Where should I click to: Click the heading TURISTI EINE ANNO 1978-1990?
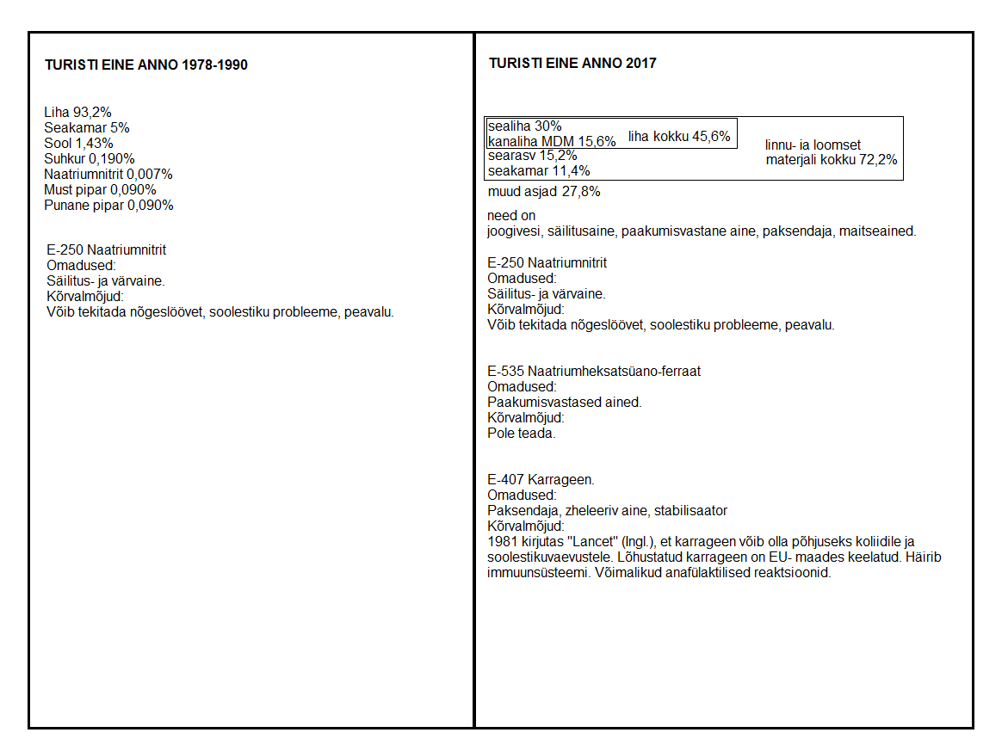click(x=145, y=65)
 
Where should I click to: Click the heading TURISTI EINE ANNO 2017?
click(x=572, y=64)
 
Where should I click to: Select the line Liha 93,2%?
click(x=78, y=112)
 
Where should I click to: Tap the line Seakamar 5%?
click(x=87, y=127)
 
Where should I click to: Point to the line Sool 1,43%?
click(x=78, y=143)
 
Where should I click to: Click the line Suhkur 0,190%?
click(x=90, y=158)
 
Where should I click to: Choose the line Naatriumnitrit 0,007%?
click(x=108, y=174)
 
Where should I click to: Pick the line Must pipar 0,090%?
click(x=100, y=189)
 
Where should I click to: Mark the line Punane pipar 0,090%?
click(x=108, y=205)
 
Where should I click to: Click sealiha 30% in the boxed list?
click(x=524, y=126)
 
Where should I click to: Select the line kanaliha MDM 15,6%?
click(x=552, y=141)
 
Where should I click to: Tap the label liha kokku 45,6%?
click(x=679, y=136)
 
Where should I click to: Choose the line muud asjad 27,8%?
click(x=544, y=192)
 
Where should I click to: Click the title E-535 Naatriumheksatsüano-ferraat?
click(x=594, y=372)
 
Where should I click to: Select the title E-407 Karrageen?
click(x=541, y=480)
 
